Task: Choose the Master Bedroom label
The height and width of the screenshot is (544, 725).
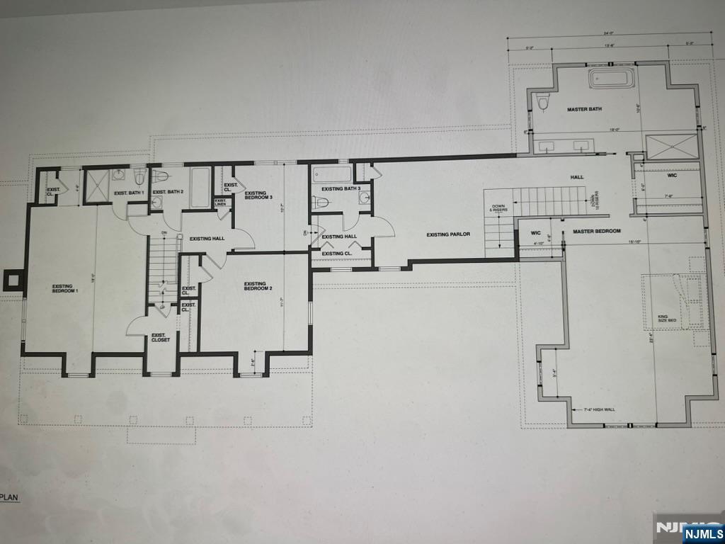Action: tap(597, 232)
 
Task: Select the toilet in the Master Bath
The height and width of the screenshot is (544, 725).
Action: tap(544, 103)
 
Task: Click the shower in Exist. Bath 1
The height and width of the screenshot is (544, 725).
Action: tap(96, 186)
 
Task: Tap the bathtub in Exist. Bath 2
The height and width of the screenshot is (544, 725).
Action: tap(200, 188)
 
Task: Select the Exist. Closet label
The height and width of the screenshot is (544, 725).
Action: tap(161, 337)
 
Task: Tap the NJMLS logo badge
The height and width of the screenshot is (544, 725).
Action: tap(704, 533)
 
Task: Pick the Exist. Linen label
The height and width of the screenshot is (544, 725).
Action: tap(221, 203)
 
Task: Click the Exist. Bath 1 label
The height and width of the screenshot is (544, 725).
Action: tap(129, 193)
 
